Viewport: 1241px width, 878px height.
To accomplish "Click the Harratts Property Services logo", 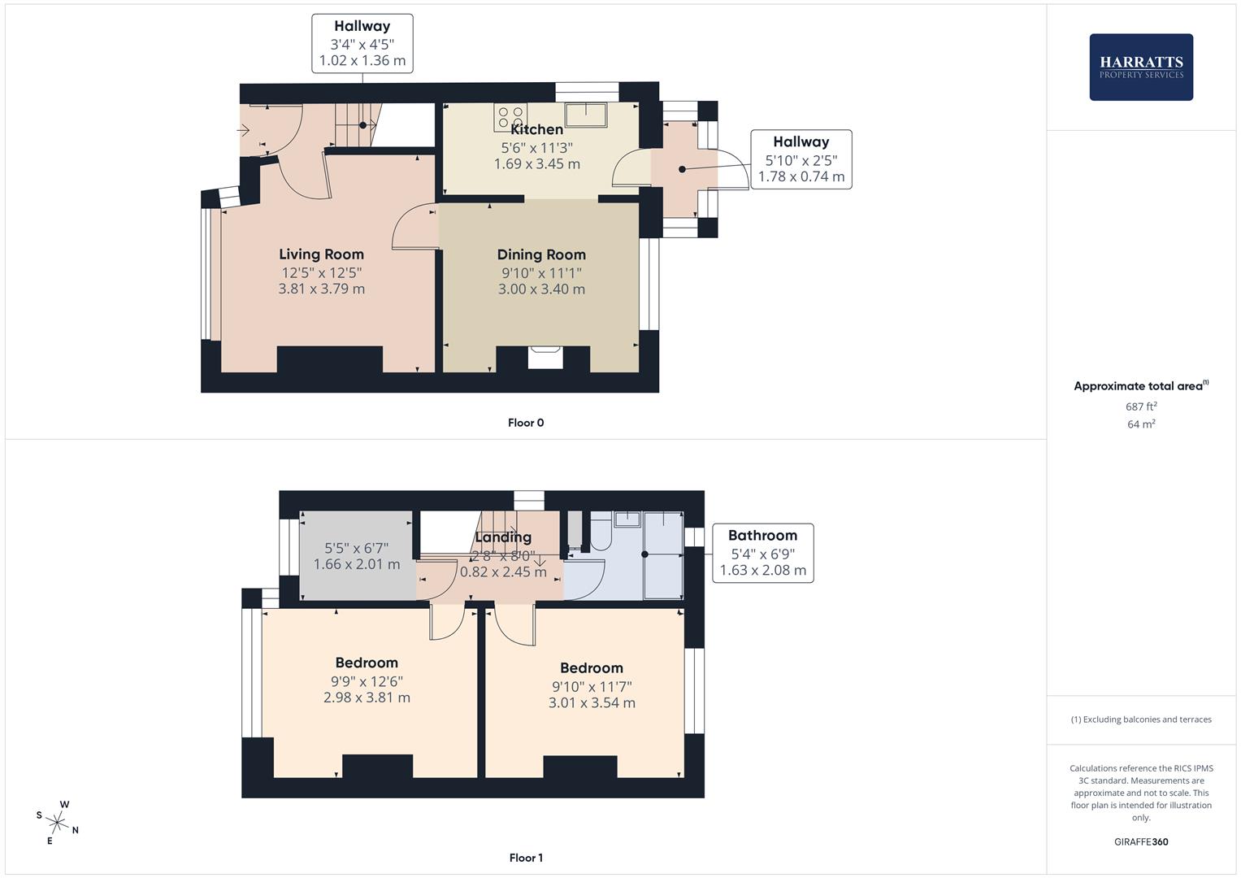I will (x=1140, y=67).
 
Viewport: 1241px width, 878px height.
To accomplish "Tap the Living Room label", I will (x=321, y=254).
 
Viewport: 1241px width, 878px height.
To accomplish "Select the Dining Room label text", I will (x=541, y=254).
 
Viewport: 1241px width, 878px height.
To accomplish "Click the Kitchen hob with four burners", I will (x=510, y=118).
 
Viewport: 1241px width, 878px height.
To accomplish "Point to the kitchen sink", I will (x=587, y=115).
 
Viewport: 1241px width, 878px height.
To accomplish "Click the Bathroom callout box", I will (x=762, y=553).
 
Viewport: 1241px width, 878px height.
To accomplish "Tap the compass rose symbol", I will (x=59, y=823).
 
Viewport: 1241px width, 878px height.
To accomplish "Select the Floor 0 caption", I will (x=526, y=423).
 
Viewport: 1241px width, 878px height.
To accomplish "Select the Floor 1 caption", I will (x=526, y=858).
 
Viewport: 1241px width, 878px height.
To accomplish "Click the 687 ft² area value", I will (x=1141, y=406).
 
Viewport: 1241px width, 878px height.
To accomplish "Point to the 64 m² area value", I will (x=1141, y=424).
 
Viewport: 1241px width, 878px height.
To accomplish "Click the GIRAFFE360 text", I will (x=1141, y=842).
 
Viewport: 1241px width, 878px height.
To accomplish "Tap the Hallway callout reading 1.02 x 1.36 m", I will (x=362, y=44).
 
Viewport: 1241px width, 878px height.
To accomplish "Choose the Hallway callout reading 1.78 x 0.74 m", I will (x=801, y=159).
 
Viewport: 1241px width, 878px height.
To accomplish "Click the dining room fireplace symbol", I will (x=545, y=358).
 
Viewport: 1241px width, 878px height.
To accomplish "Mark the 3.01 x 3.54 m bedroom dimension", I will (x=592, y=703).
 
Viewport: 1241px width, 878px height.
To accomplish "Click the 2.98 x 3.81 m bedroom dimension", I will (x=367, y=698).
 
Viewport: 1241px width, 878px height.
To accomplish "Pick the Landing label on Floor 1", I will (x=503, y=537).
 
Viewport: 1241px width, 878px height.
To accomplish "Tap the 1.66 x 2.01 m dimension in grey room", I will (x=357, y=564).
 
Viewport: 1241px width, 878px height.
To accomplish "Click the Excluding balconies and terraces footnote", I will (x=1141, y=719).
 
